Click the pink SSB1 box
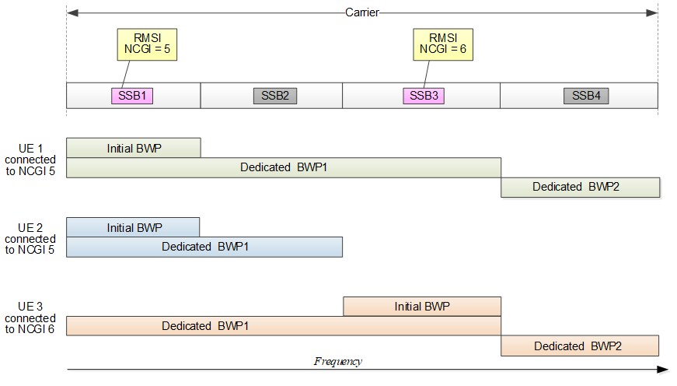tap(131, 96)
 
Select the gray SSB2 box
tap(275, 96)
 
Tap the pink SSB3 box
tap(424, 96)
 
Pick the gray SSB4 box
tap(586, 96)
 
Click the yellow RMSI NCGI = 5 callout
tap(147, 44)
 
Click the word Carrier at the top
tap(361, 12)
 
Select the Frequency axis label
tap(338, 361)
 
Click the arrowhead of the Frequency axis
tap(662, 370)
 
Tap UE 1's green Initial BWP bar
tap(134, 148)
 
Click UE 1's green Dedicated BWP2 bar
tap(580, 187)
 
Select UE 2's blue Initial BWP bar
tap(134, 227)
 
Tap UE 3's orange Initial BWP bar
tap(422, 307)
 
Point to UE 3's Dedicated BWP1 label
tap(207, 326)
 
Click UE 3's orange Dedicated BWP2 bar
tap(580, 346)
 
